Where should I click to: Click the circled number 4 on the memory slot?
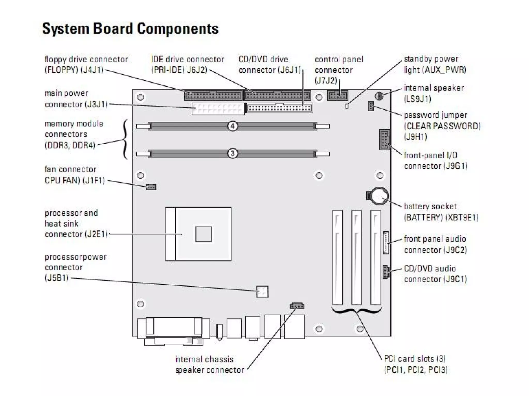[x=232, y=126]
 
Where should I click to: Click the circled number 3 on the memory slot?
[x=232, y=153]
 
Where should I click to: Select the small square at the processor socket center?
[x=203, y=234]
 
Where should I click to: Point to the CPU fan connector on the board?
[x=151, y=187]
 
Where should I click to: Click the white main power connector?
[x=218, y=109]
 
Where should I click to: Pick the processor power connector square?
[x=262, y=292]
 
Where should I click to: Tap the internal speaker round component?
[x=379, y=96]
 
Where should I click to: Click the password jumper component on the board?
[x=371, y=106]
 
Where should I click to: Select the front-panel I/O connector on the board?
[x=384, y=139]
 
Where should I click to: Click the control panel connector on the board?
[x=338, y=96]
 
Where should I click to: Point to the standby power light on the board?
[x=347, y=106]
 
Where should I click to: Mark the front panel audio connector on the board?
[x=386, y=243]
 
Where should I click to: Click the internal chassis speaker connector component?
[x=297, y=306]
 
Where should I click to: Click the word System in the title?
[x=66, y=28]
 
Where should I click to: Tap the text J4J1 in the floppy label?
[x=92, y=70]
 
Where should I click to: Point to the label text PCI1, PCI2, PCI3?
[x=416, y=370]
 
